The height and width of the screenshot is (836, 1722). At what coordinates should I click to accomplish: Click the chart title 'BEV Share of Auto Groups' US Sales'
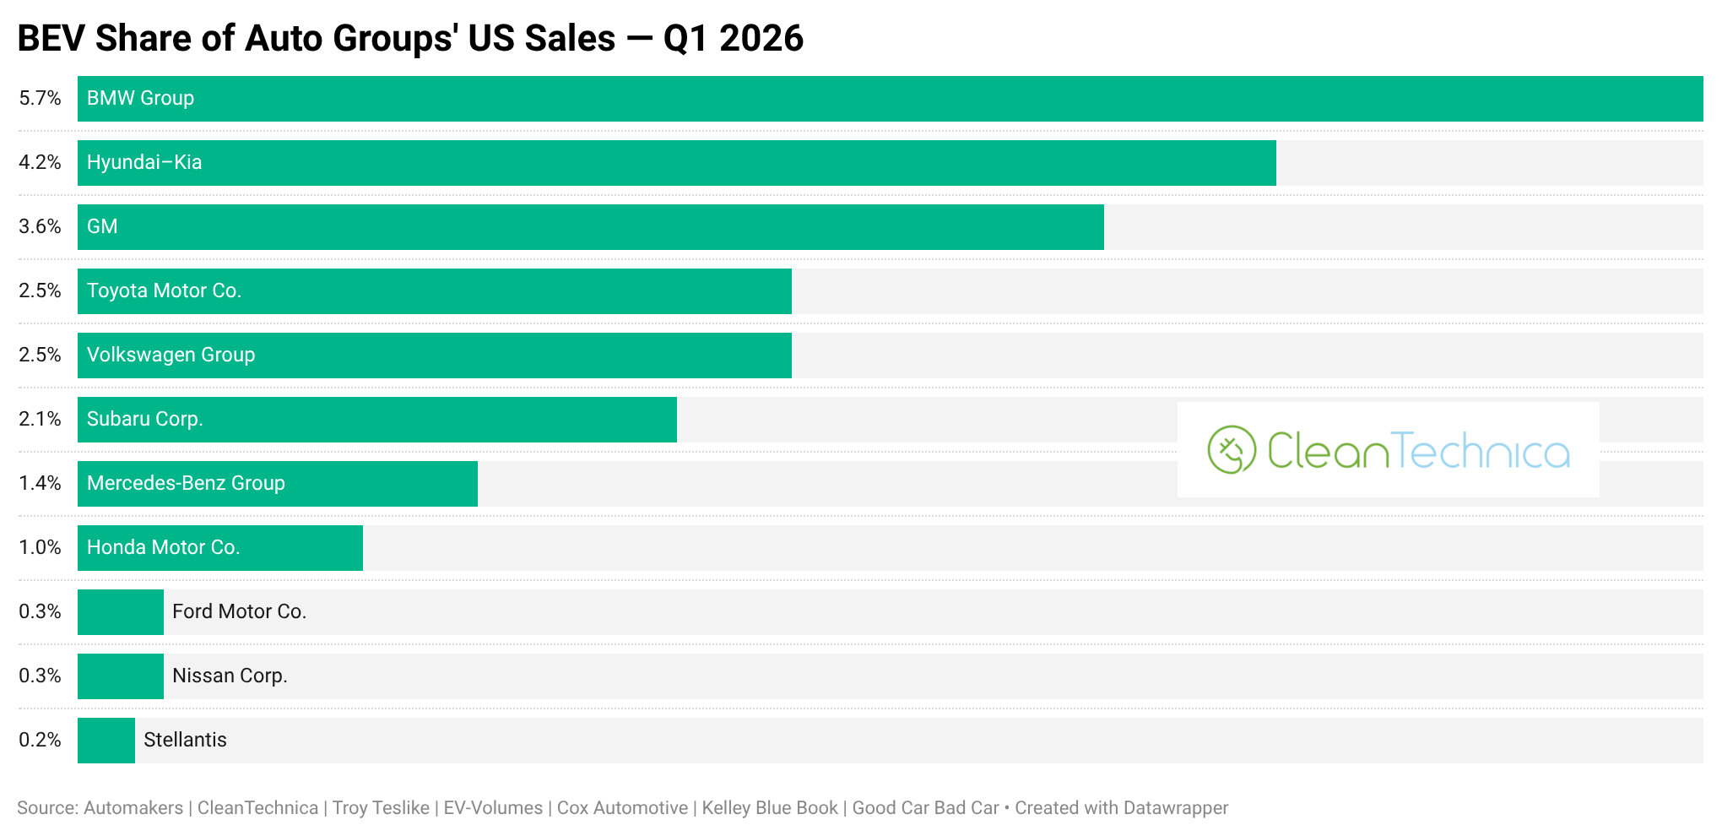coord(317,39)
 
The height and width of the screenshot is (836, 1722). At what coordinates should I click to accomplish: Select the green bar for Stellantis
coord(106,741)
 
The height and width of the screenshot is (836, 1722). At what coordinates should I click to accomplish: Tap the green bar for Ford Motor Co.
coord(121,612)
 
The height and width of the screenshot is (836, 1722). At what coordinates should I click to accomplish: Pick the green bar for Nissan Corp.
coord(121,676)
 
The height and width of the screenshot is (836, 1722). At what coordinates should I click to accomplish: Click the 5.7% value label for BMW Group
coord(41,99)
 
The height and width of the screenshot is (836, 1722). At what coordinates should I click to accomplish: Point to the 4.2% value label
coord(41,163)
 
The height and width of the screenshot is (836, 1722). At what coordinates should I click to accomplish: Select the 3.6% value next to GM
coord(41,227)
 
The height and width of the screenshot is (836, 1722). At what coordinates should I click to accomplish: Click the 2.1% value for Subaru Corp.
coord(41,420)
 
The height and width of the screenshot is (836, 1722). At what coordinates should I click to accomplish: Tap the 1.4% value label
coord(41,484)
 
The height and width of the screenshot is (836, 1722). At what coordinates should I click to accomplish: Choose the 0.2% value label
coord(41,741)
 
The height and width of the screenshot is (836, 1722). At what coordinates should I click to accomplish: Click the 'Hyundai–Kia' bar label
coord(144,163)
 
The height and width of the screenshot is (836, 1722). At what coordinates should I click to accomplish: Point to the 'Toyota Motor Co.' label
coord(165,291)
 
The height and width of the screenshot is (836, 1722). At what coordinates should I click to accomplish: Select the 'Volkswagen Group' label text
coord(171,356)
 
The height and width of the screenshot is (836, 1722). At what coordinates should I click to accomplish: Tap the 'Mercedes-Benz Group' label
coord(187,484)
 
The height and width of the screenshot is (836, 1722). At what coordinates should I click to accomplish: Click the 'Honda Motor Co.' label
coord(164,548)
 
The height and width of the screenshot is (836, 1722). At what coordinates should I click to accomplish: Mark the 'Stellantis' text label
coord(186,741)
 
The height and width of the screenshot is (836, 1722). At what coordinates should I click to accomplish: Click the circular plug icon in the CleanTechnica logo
coord(1232,450)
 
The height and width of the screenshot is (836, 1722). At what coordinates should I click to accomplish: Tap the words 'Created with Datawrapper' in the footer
coord(1122,808)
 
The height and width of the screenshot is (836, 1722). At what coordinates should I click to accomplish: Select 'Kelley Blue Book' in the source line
coord(770,808)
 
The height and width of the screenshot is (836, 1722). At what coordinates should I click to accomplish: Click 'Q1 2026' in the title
coord(734,39)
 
